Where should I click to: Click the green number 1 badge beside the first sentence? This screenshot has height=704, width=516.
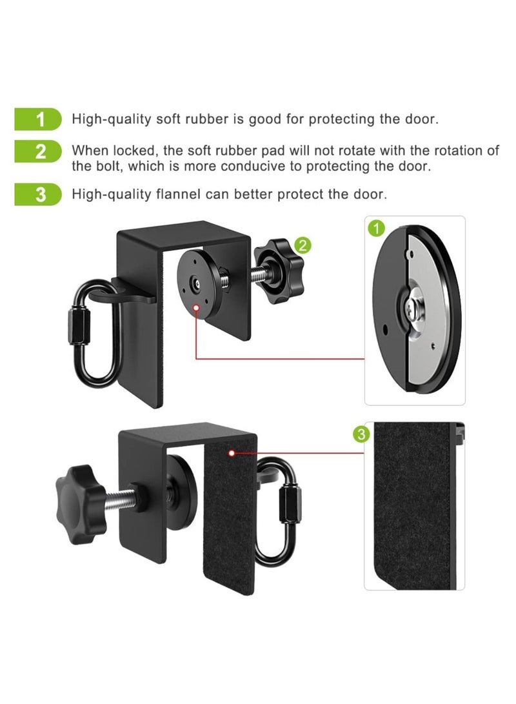coord(40,119)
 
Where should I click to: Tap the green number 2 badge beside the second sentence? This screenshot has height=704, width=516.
coord(40,152)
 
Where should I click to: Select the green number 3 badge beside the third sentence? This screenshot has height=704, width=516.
coord(40,194)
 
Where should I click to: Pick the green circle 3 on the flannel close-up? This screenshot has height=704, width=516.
coord(362,434)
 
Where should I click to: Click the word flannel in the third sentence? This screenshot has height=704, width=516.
coord(188,194)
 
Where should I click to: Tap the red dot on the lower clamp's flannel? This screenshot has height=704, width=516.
coord(230,454)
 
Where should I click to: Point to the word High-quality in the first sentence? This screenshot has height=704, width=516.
coord(105,119)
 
